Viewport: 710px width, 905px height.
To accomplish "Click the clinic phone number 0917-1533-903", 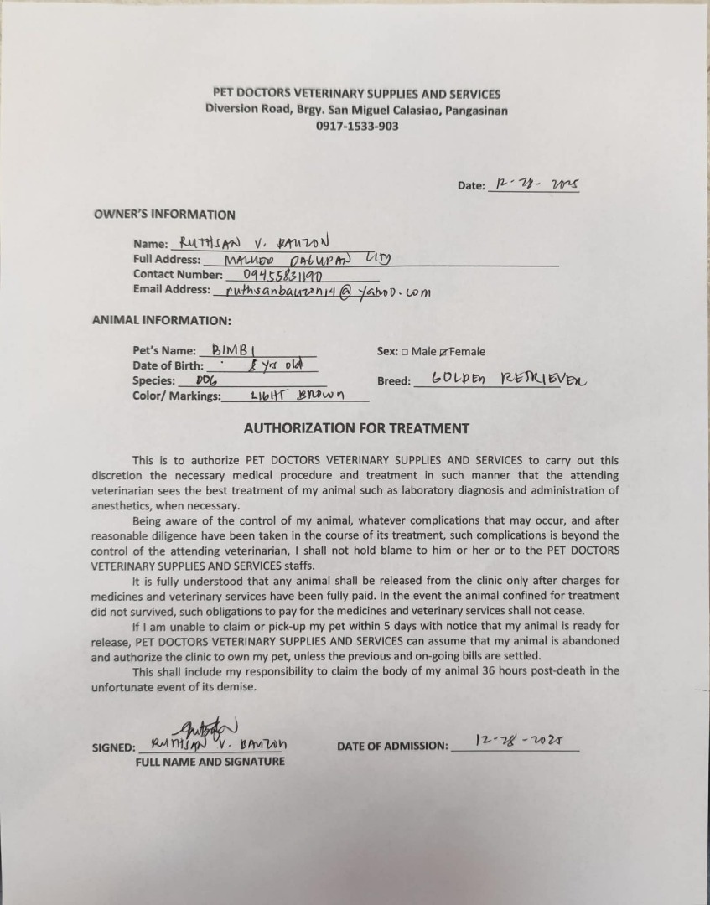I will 357,127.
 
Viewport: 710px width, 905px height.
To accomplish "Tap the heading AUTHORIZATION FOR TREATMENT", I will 356,428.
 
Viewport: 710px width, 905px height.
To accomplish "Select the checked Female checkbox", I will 443,352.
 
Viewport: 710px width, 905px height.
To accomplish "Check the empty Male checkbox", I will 405,352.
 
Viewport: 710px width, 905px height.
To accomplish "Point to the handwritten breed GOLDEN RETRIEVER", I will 508,379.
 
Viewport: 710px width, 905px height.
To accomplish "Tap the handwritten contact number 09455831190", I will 283,274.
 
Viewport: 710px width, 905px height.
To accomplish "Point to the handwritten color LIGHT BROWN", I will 297,396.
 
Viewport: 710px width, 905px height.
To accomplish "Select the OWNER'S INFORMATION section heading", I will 164,215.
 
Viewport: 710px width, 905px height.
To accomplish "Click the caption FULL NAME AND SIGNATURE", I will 210,762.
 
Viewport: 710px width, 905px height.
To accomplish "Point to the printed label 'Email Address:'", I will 172,289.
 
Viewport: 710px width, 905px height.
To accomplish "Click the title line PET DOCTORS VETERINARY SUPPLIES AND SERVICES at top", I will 356,94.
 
